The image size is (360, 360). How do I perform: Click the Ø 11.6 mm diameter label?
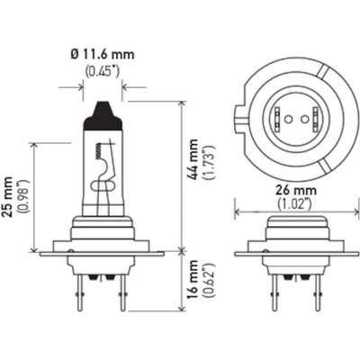[103, 54]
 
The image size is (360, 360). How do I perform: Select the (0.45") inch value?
[103, 71]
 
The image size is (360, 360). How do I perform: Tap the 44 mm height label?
[194, 159]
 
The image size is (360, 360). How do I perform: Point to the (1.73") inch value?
[210, 162]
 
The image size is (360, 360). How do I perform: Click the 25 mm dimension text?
[7, 197]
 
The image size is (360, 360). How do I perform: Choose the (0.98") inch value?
[23, 196]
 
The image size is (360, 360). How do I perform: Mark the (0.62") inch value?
[210, 280]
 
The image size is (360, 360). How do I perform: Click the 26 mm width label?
[296, 190]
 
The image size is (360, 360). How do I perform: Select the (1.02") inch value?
[293, 203]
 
